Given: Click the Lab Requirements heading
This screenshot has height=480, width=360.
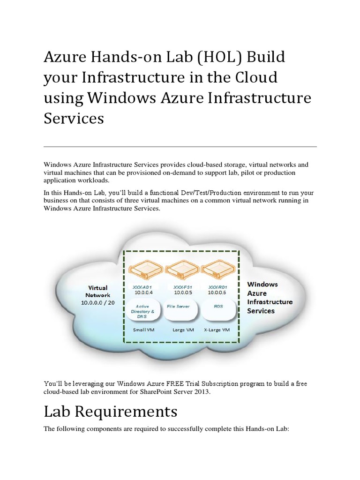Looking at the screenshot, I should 111,411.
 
